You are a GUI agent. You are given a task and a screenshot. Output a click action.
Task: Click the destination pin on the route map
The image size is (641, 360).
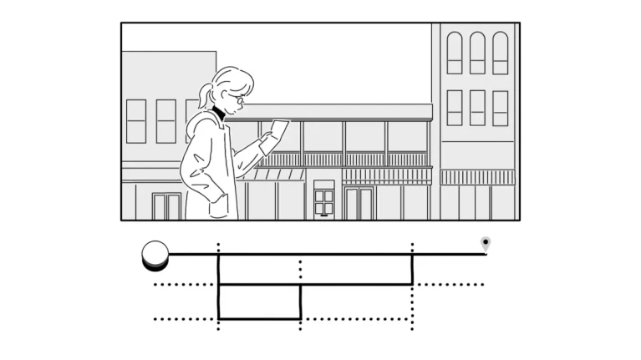pos(486,243)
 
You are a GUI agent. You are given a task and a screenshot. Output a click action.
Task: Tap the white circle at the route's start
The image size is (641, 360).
pos(155,253)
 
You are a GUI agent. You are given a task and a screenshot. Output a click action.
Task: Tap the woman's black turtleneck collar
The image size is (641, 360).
pos(219,112)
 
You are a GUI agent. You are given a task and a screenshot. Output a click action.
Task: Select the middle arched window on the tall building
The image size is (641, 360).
pos(477,53)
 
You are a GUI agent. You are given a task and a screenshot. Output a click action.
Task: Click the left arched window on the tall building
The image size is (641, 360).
pos(455,53)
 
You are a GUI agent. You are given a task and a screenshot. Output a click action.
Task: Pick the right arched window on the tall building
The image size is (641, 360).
pos(500,53)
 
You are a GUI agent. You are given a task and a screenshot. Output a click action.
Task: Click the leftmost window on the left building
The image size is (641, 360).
pos(136,120)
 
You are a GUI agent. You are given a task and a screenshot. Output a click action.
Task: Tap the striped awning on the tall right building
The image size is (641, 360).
pos(478,177)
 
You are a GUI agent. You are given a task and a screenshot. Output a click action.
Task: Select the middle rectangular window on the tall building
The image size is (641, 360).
pos(477,107)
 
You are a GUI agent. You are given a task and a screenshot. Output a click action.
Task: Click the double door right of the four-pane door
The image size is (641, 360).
pos(359,203)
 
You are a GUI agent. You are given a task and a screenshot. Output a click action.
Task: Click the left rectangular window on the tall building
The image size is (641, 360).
pos(455,107)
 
